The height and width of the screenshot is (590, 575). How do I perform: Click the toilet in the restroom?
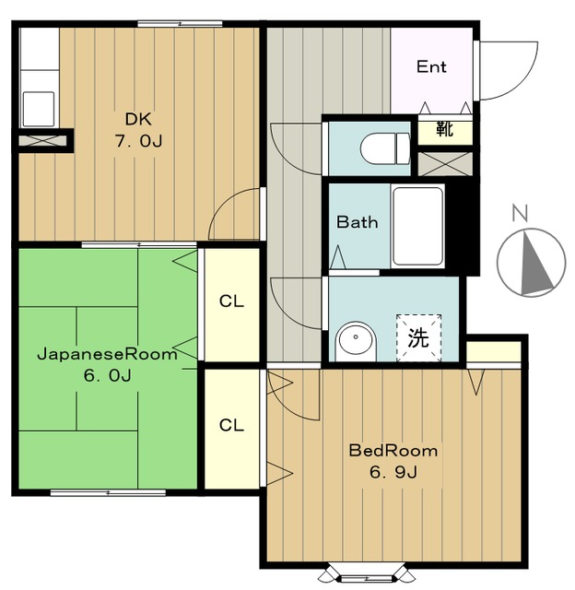[x=385, y=148]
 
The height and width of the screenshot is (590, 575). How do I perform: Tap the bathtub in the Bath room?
[x=417, y=227]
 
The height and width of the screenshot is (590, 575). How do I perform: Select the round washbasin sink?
[x=356, y=341]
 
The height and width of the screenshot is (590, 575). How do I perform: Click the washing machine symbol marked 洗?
[x=418, y=337]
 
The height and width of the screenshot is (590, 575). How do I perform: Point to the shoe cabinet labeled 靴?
[x=445, y=130]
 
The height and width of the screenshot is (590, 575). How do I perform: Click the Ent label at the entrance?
[x=431, y=67]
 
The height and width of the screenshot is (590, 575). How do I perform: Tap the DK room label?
[x=138, y=119]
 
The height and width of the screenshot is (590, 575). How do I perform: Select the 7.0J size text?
[x=138, y=141]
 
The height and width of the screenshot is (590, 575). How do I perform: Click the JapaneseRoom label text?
[x=107, y=354]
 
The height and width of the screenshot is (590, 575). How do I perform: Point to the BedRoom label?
[x=393, y=451]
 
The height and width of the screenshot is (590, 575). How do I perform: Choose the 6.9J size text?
[x=393, y=472]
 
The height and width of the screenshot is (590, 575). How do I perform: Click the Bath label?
[x=357, y=222]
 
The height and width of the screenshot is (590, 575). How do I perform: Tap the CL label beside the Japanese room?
[x=231, y=301]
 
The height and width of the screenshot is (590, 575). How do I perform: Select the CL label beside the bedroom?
[x=231, y=425]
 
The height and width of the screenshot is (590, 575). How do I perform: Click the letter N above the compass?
[x=520, y=213]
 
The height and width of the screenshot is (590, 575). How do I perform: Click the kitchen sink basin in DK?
[x=39, y=109]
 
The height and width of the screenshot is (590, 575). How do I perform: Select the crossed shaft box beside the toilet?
[x=445, y=164]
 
